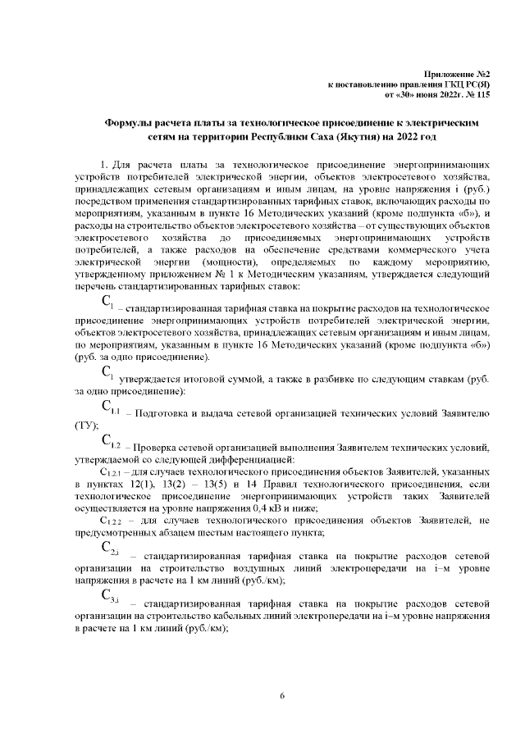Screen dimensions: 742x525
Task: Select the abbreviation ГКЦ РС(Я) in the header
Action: tap(467, 84)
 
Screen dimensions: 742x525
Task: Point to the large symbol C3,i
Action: tap(111, 596)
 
